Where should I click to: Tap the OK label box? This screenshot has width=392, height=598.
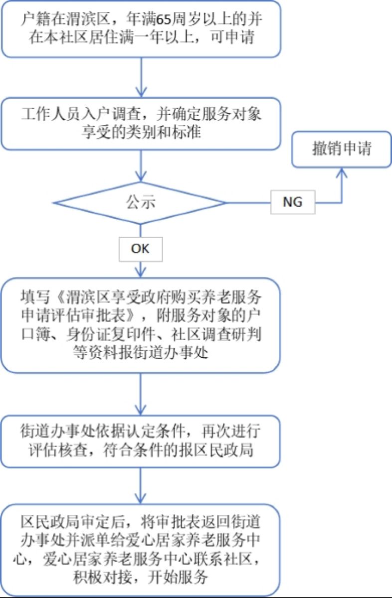coord(141,248)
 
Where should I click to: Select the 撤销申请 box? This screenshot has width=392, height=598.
coord(342,149)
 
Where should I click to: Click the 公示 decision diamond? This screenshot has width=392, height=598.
coord(141,202)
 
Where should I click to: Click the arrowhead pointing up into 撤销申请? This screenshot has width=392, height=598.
coord(342,172)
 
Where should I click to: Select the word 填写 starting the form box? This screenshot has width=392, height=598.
coord(33,298)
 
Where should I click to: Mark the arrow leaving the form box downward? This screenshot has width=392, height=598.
coord(141,394)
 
